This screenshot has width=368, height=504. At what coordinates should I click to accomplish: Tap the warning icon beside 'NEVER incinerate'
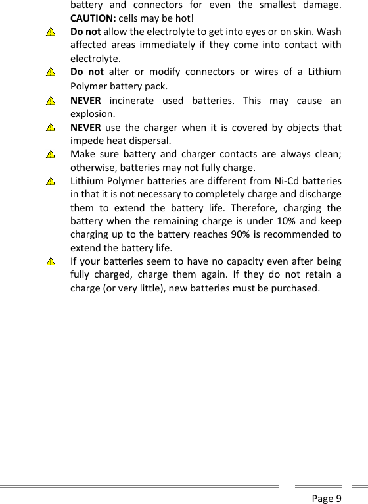coord(51,102)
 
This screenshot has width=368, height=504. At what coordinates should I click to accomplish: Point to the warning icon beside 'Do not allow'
coord(51,32)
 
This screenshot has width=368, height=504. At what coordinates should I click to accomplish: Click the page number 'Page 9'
coord(327,497)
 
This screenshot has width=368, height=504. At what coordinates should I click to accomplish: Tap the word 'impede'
coord(87,140)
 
